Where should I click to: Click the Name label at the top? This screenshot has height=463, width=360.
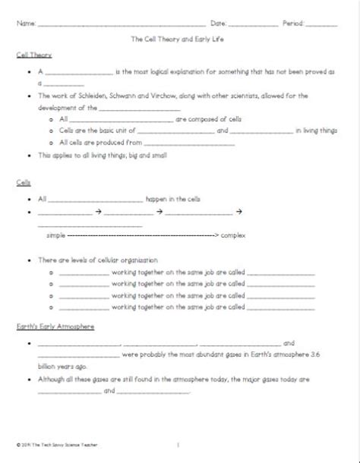coord(26,24)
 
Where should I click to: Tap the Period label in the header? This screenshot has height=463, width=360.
coord(293,24)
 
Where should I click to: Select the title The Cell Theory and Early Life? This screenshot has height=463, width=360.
coord(180,39)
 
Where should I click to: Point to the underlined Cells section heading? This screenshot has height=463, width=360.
coord(23,183)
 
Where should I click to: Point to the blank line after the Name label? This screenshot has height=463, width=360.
coord(122,25)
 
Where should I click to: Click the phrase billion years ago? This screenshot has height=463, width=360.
coord(57,364)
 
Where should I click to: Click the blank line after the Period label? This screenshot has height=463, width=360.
coord(322,25)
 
